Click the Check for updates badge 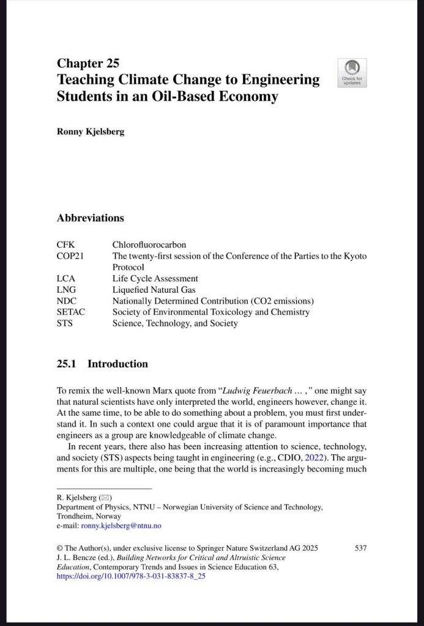[352, 73]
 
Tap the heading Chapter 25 [87, 63]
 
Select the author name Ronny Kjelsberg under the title [90, 131]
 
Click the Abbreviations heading [90, 218]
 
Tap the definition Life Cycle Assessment [155, 279]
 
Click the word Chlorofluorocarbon [149, 245]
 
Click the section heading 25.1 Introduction [102, 364]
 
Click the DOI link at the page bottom [131, 576]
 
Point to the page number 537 [360, 548]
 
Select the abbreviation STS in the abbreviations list [64, 323]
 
